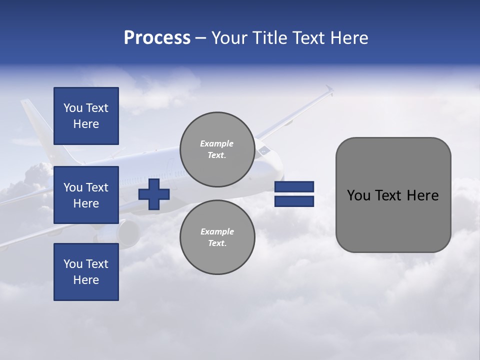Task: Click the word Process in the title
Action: point(157,38)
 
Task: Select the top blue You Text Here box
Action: point(86,116)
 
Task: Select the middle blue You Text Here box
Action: point(86,195)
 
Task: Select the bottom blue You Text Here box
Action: point(86,272)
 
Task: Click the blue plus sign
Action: point(154,194)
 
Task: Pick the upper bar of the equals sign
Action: point(294,186)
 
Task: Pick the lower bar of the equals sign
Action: point(294,201)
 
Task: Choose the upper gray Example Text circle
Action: point(217,149)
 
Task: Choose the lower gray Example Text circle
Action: point(217,237)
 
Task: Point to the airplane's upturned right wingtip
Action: point(329,89)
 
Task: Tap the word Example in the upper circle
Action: point(217,143)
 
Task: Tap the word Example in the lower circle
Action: point(217,231)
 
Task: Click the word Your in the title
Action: point(228,38)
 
